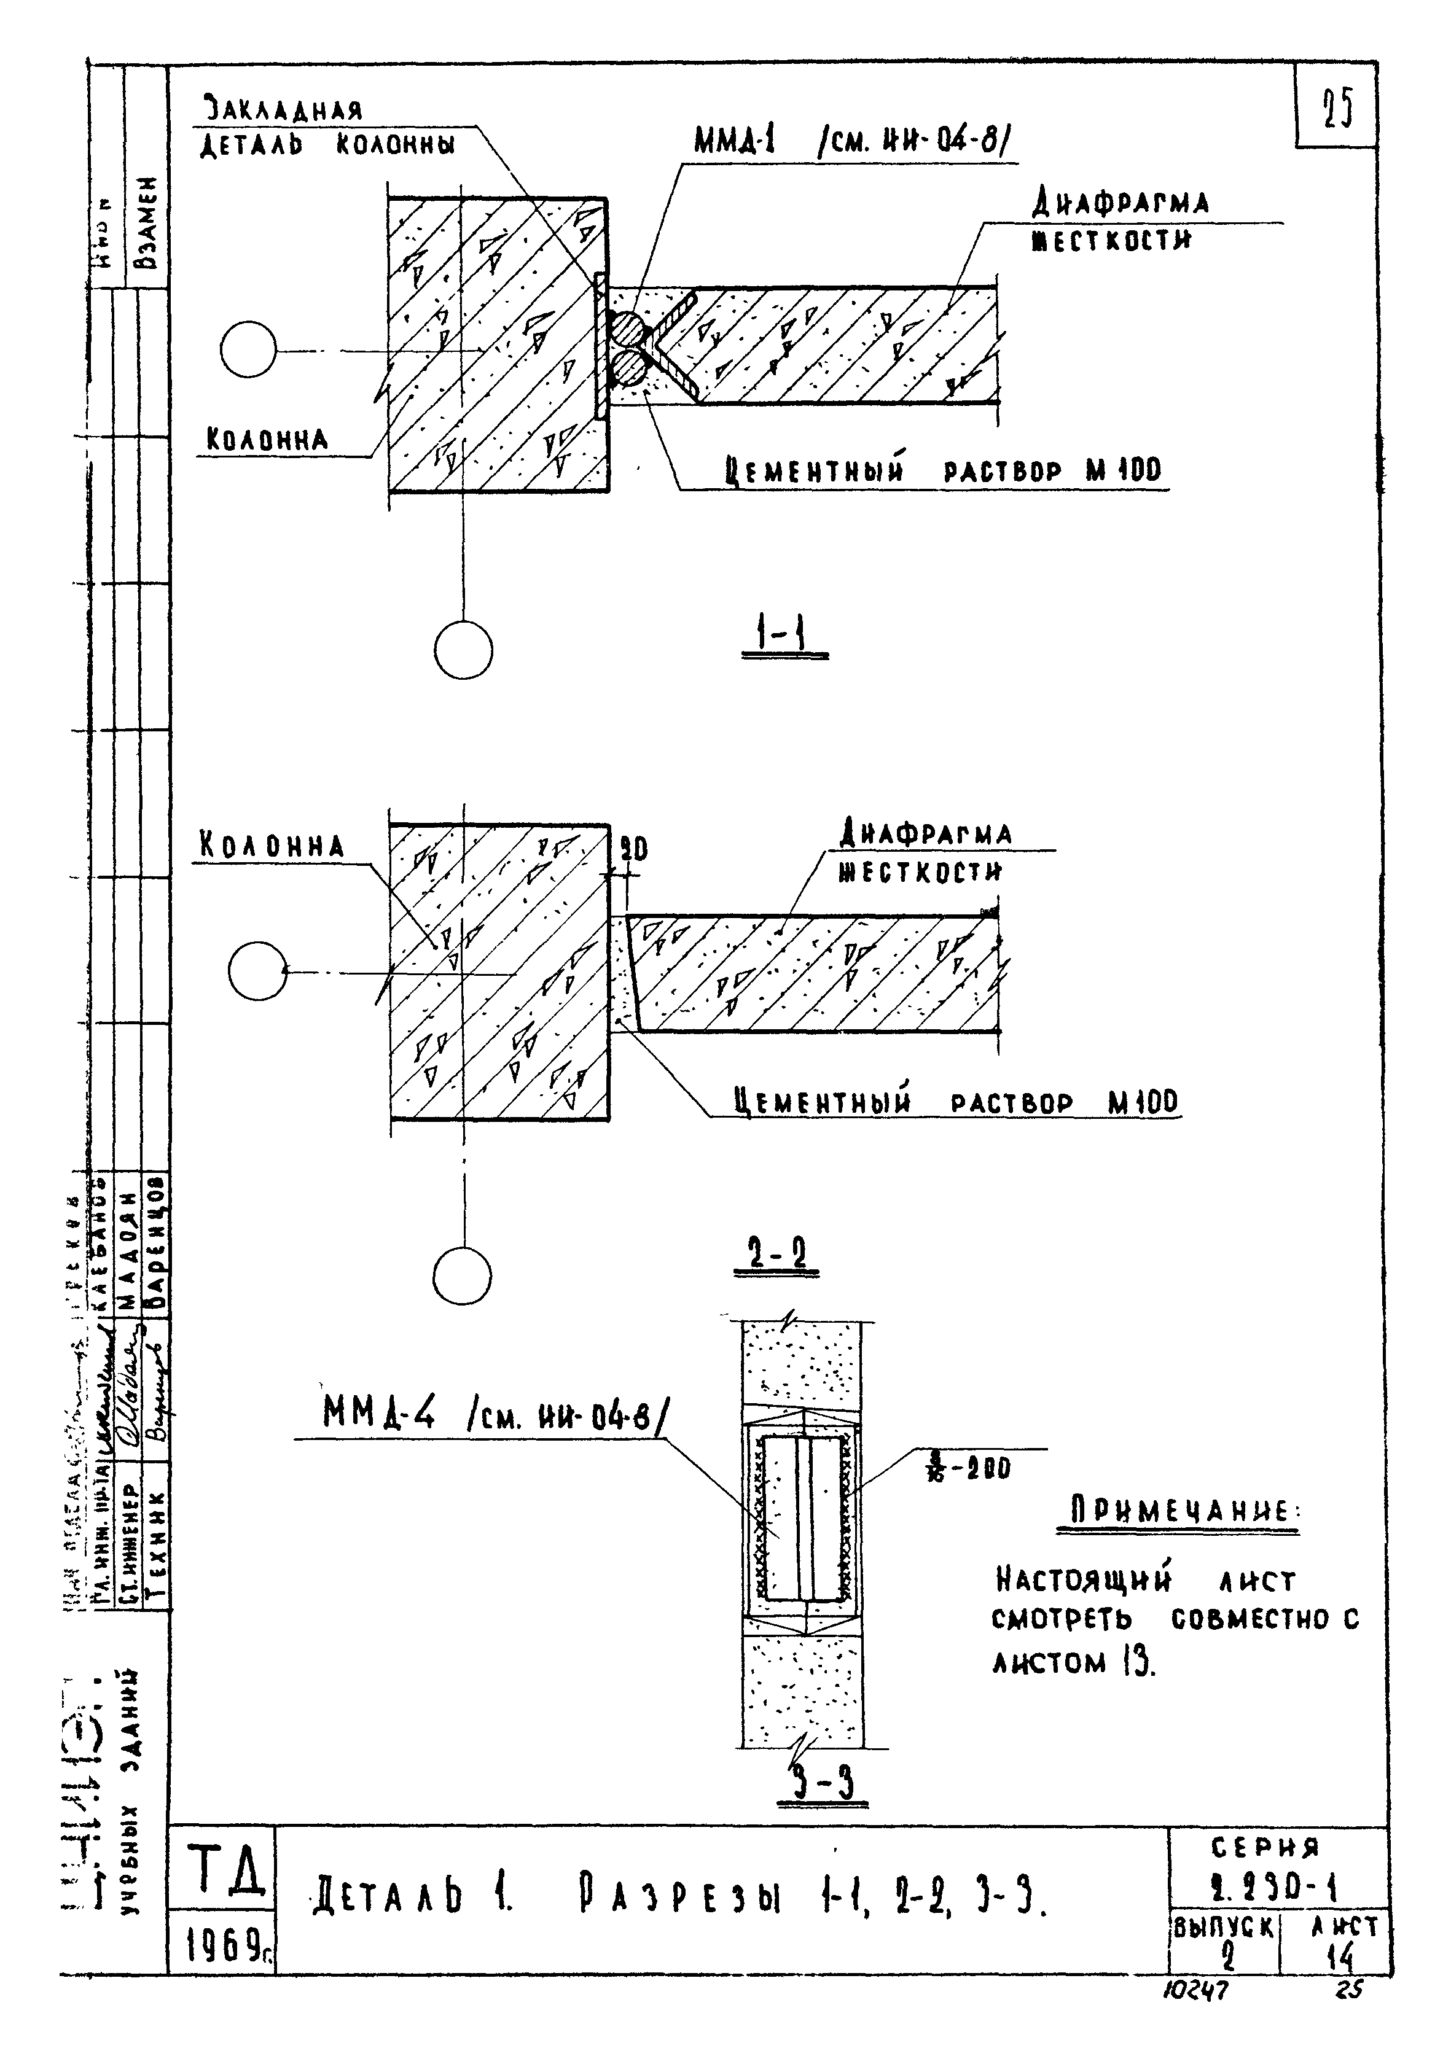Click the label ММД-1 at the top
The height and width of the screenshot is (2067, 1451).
point(736,141)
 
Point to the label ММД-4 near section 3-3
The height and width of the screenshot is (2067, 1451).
point(378,1417)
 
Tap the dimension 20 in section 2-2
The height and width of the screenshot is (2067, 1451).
point(634,848)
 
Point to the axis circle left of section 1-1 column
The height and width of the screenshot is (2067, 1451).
point(249,350)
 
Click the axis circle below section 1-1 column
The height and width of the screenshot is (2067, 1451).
point(463,650)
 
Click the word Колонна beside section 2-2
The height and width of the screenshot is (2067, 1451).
point(271,846)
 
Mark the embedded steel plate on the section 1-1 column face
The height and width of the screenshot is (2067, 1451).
point(600,346)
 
